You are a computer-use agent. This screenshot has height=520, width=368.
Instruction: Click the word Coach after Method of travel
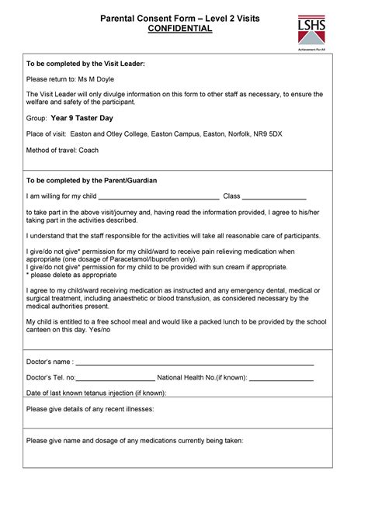88,151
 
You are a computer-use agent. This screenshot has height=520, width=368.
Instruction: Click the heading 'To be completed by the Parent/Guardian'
92,180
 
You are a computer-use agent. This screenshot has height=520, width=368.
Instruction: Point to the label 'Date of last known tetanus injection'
95,393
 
